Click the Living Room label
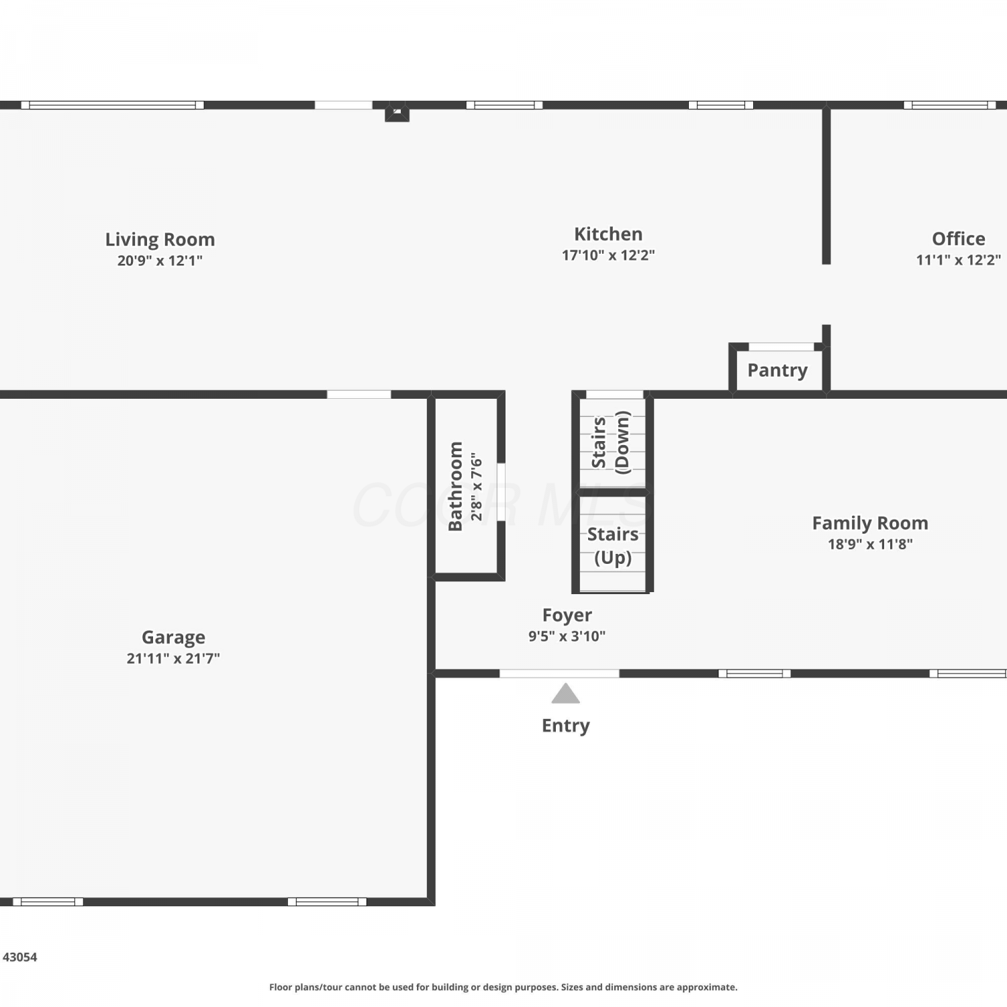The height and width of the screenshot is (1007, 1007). (x=160, y=240)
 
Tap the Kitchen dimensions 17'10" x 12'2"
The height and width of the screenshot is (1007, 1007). (x=608, y=255)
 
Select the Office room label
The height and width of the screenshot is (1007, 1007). (x=959, y=239)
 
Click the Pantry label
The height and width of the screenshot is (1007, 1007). (x=777, y=371)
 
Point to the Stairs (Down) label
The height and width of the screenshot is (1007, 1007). (x=611, y=442)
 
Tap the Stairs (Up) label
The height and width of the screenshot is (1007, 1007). (x=613, y=546)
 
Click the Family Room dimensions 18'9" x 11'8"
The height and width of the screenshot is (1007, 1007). (x=870, y=544)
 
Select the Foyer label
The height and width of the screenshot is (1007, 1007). (x=567, y=616)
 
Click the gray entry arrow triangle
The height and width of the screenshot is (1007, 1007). (x=565, y=693)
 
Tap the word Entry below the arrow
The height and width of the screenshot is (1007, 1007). (x=566, y=726)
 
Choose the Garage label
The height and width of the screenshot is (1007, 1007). (x=173, y=638)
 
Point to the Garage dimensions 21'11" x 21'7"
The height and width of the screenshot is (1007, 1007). (x=173, y=659)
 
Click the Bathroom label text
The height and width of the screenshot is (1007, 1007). (x=455, y=486)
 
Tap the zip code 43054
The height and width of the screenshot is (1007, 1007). (x=20, y=957)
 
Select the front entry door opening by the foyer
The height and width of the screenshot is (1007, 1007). (x=559, y=673)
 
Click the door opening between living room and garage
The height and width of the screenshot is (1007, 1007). (x=359, y=395)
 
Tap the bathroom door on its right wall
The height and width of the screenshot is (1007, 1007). (x=501, y=491)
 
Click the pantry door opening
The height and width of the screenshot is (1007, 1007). (x=781, y=347)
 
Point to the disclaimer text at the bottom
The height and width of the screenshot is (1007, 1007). (x=503, y=987)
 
